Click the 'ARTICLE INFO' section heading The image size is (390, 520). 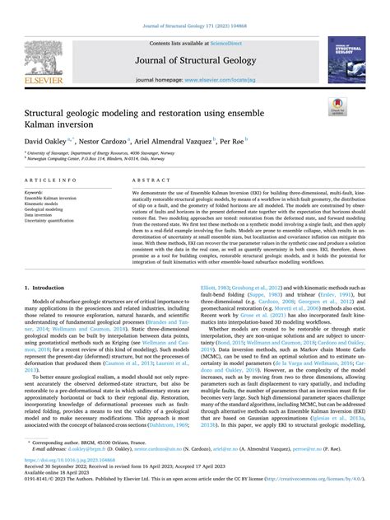coord(51,179)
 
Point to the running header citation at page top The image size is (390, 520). coord(194,7)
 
